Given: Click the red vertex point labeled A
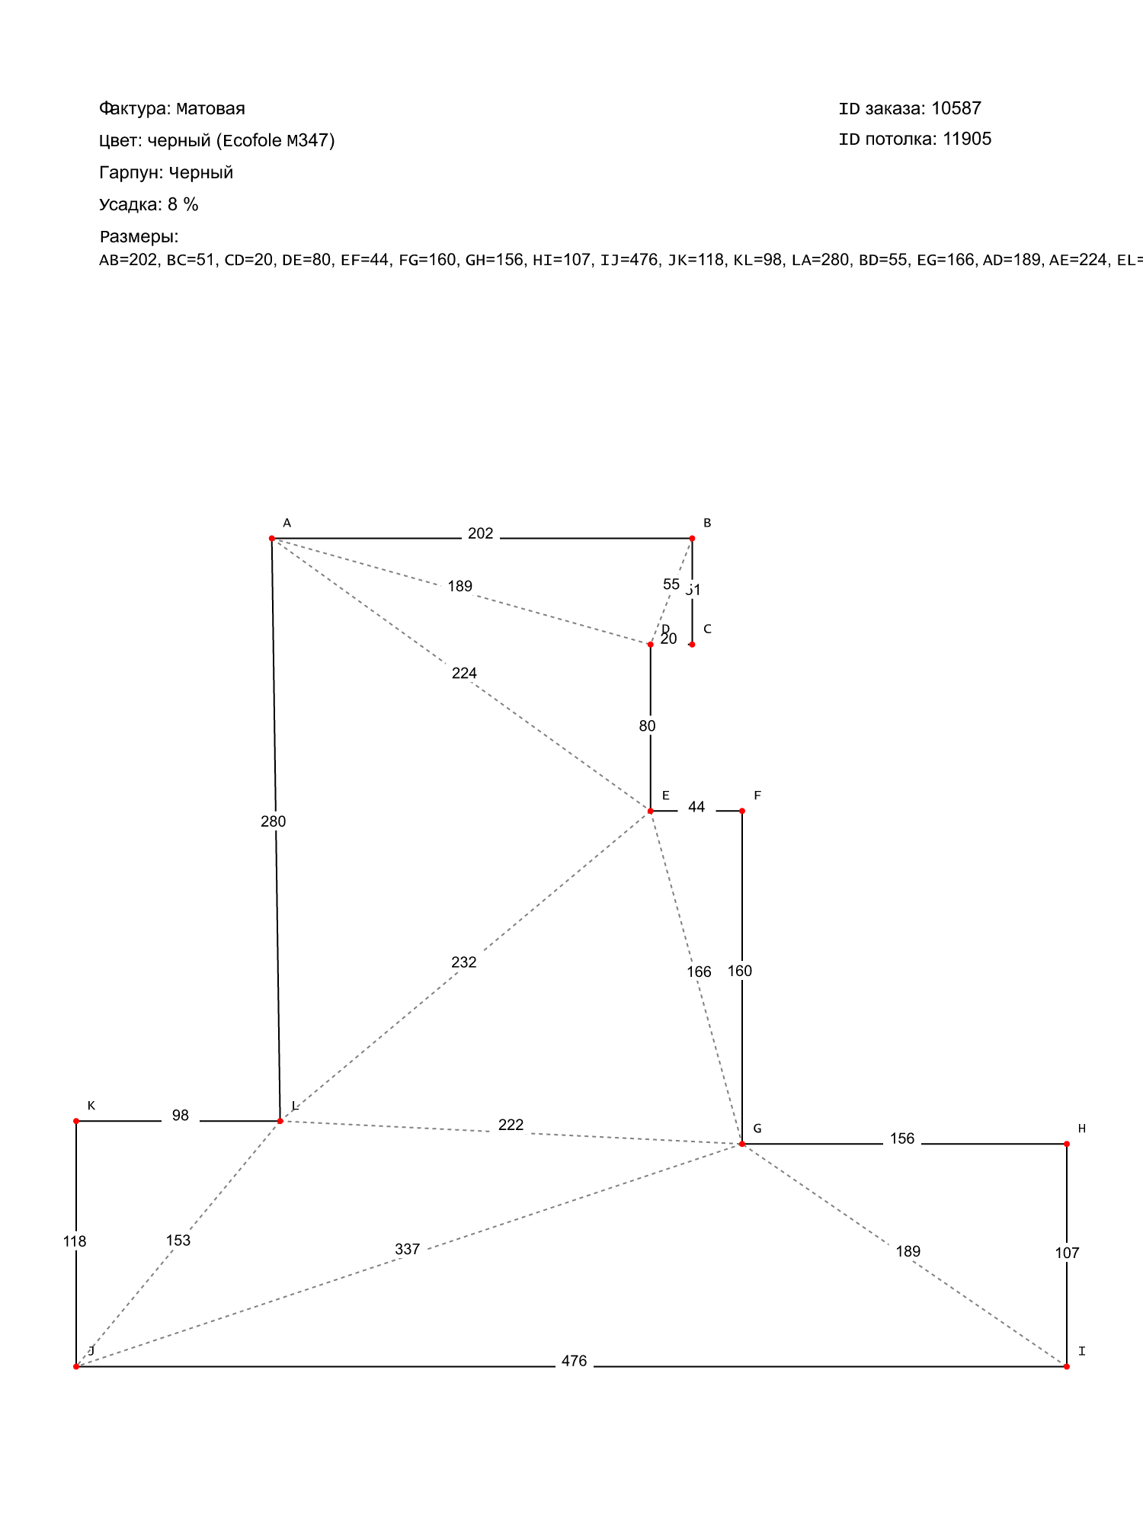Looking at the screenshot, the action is click(272, 539).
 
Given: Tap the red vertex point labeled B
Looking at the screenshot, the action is click(692, 539).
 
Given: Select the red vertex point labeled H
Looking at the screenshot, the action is click(1067, 1144).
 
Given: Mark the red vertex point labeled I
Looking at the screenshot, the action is click(1067, 1367).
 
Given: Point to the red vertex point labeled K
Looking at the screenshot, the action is click(76, 1121).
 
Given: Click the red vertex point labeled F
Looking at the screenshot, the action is click(742, 811).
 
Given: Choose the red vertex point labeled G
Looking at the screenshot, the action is click(742, 1144).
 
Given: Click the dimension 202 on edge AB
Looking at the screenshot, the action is click(481, 533).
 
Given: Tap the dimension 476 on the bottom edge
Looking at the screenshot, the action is click(574, 1361).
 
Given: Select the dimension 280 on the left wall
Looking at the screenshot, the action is click(274, 821).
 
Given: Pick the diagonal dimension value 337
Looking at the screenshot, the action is click(408, 1249).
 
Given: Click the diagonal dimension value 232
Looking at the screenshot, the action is click(464, 962).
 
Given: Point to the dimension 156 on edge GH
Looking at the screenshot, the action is click(902, 1138).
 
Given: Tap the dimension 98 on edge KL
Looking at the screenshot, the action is click(181, 1116).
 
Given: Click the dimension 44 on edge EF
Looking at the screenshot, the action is click(696, 807).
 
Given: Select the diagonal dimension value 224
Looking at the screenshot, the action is click(464, 673).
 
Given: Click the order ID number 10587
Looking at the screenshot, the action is click(956, 108).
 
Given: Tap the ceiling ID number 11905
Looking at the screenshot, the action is click(967, 139).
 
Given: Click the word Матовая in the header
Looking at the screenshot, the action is click(211, 109).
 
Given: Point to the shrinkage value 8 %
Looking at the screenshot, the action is click(183, 204).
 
